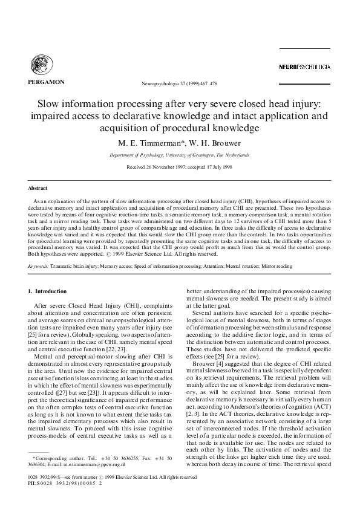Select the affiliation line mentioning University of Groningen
pos(180,155)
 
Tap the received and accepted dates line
pos(180,167)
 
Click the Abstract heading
pos(39,189)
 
